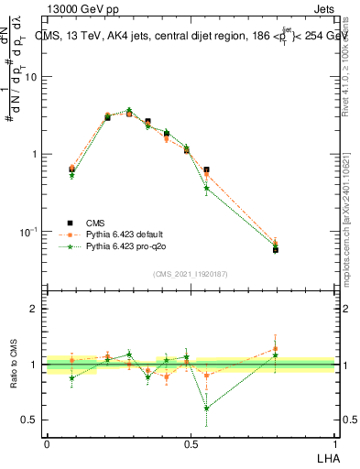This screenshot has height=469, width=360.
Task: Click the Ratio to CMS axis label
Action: [x=14, y=365]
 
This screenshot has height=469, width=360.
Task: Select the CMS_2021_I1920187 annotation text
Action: [x=190, y=272]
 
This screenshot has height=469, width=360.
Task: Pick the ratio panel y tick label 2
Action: [x=35, y=309]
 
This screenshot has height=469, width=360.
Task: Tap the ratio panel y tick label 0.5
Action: [x=31, y=420]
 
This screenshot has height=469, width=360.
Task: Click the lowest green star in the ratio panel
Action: [x=207, y=408]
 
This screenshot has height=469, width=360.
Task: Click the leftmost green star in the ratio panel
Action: [x=71, y=377]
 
